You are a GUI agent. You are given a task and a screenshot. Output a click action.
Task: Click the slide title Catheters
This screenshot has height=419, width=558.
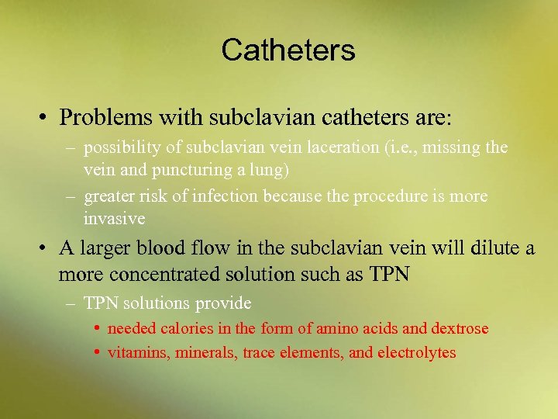coord(288,50)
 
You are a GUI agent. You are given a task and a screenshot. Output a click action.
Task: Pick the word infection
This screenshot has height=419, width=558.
coord(225,196)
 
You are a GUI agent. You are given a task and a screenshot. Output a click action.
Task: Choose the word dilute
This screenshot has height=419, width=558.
coord(492,248)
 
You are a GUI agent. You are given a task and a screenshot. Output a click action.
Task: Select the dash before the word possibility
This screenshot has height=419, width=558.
coord(71,147)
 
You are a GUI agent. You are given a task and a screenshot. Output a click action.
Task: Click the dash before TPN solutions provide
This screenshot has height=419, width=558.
coord(71,303)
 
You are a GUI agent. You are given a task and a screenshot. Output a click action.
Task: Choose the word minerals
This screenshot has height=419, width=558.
coord(207,353)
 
